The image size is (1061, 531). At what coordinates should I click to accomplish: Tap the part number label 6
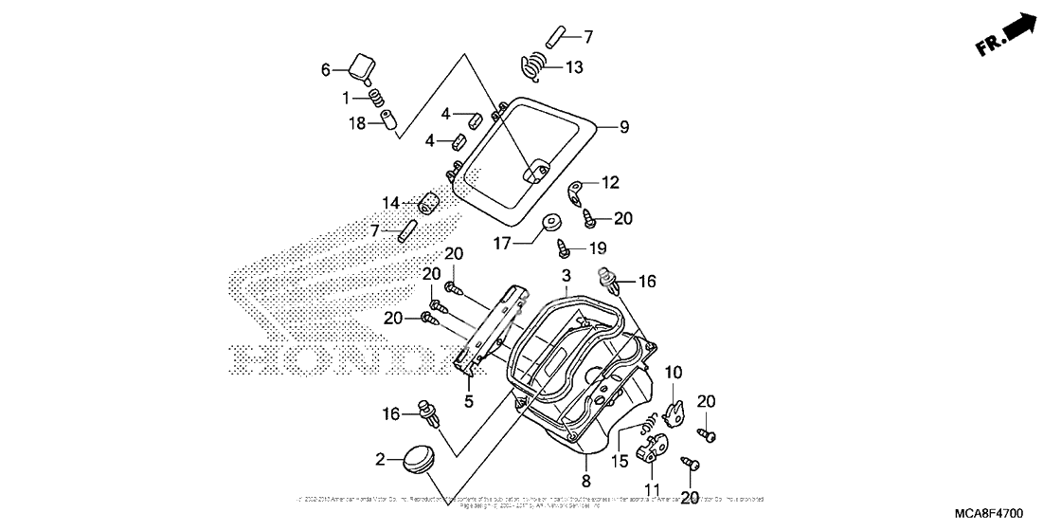326,69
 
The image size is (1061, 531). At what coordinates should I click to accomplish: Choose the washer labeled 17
550,225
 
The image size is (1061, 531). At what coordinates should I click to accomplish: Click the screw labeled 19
563,249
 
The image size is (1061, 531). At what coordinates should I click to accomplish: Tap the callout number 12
609,181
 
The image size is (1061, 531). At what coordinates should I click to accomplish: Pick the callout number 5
468,401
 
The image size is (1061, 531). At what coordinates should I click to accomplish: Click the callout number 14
391,203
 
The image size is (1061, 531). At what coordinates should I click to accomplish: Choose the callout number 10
674,373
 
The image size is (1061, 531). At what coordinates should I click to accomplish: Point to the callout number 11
650,488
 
